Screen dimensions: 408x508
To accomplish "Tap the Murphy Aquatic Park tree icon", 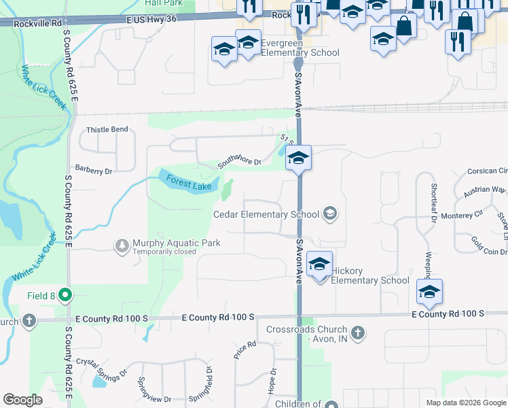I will click(122, 244).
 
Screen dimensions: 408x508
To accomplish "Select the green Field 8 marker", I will click(65, 295).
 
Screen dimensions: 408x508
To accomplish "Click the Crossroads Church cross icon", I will click(359, 333).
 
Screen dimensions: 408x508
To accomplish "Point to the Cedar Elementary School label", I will click(266, 214).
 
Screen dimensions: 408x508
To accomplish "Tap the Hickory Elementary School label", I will click(371, 275).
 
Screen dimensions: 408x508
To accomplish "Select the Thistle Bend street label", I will click(107, 129).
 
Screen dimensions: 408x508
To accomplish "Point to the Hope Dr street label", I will click(274, 381).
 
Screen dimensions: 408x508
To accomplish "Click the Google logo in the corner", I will click(22, 400).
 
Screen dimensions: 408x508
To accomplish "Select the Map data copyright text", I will click(466, 403).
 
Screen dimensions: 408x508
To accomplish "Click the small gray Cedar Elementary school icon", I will click(330, 214).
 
